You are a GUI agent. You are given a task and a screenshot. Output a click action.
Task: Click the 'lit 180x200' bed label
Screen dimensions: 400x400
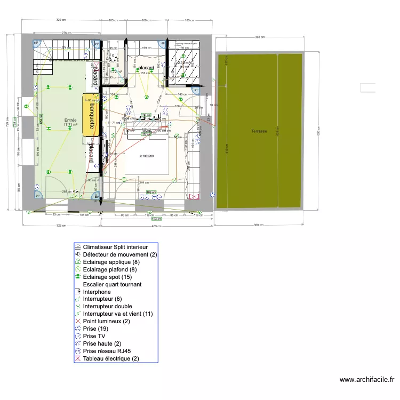146,156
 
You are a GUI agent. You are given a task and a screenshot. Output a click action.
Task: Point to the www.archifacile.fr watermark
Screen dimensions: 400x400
367,380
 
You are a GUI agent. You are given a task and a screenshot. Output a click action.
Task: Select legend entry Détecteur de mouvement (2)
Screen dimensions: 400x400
120,255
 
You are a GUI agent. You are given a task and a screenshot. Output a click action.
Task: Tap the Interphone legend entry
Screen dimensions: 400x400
97,292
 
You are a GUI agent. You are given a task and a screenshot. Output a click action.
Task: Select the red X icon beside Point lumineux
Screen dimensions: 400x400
78,322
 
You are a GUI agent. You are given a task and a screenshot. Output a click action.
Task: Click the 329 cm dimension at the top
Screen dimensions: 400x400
62,20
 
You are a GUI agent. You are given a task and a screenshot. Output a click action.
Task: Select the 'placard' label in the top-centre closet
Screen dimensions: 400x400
146,68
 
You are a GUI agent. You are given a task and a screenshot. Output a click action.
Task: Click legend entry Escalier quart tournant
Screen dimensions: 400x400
112,284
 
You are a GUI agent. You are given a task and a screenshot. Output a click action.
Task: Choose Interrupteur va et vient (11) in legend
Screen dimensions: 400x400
118,314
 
